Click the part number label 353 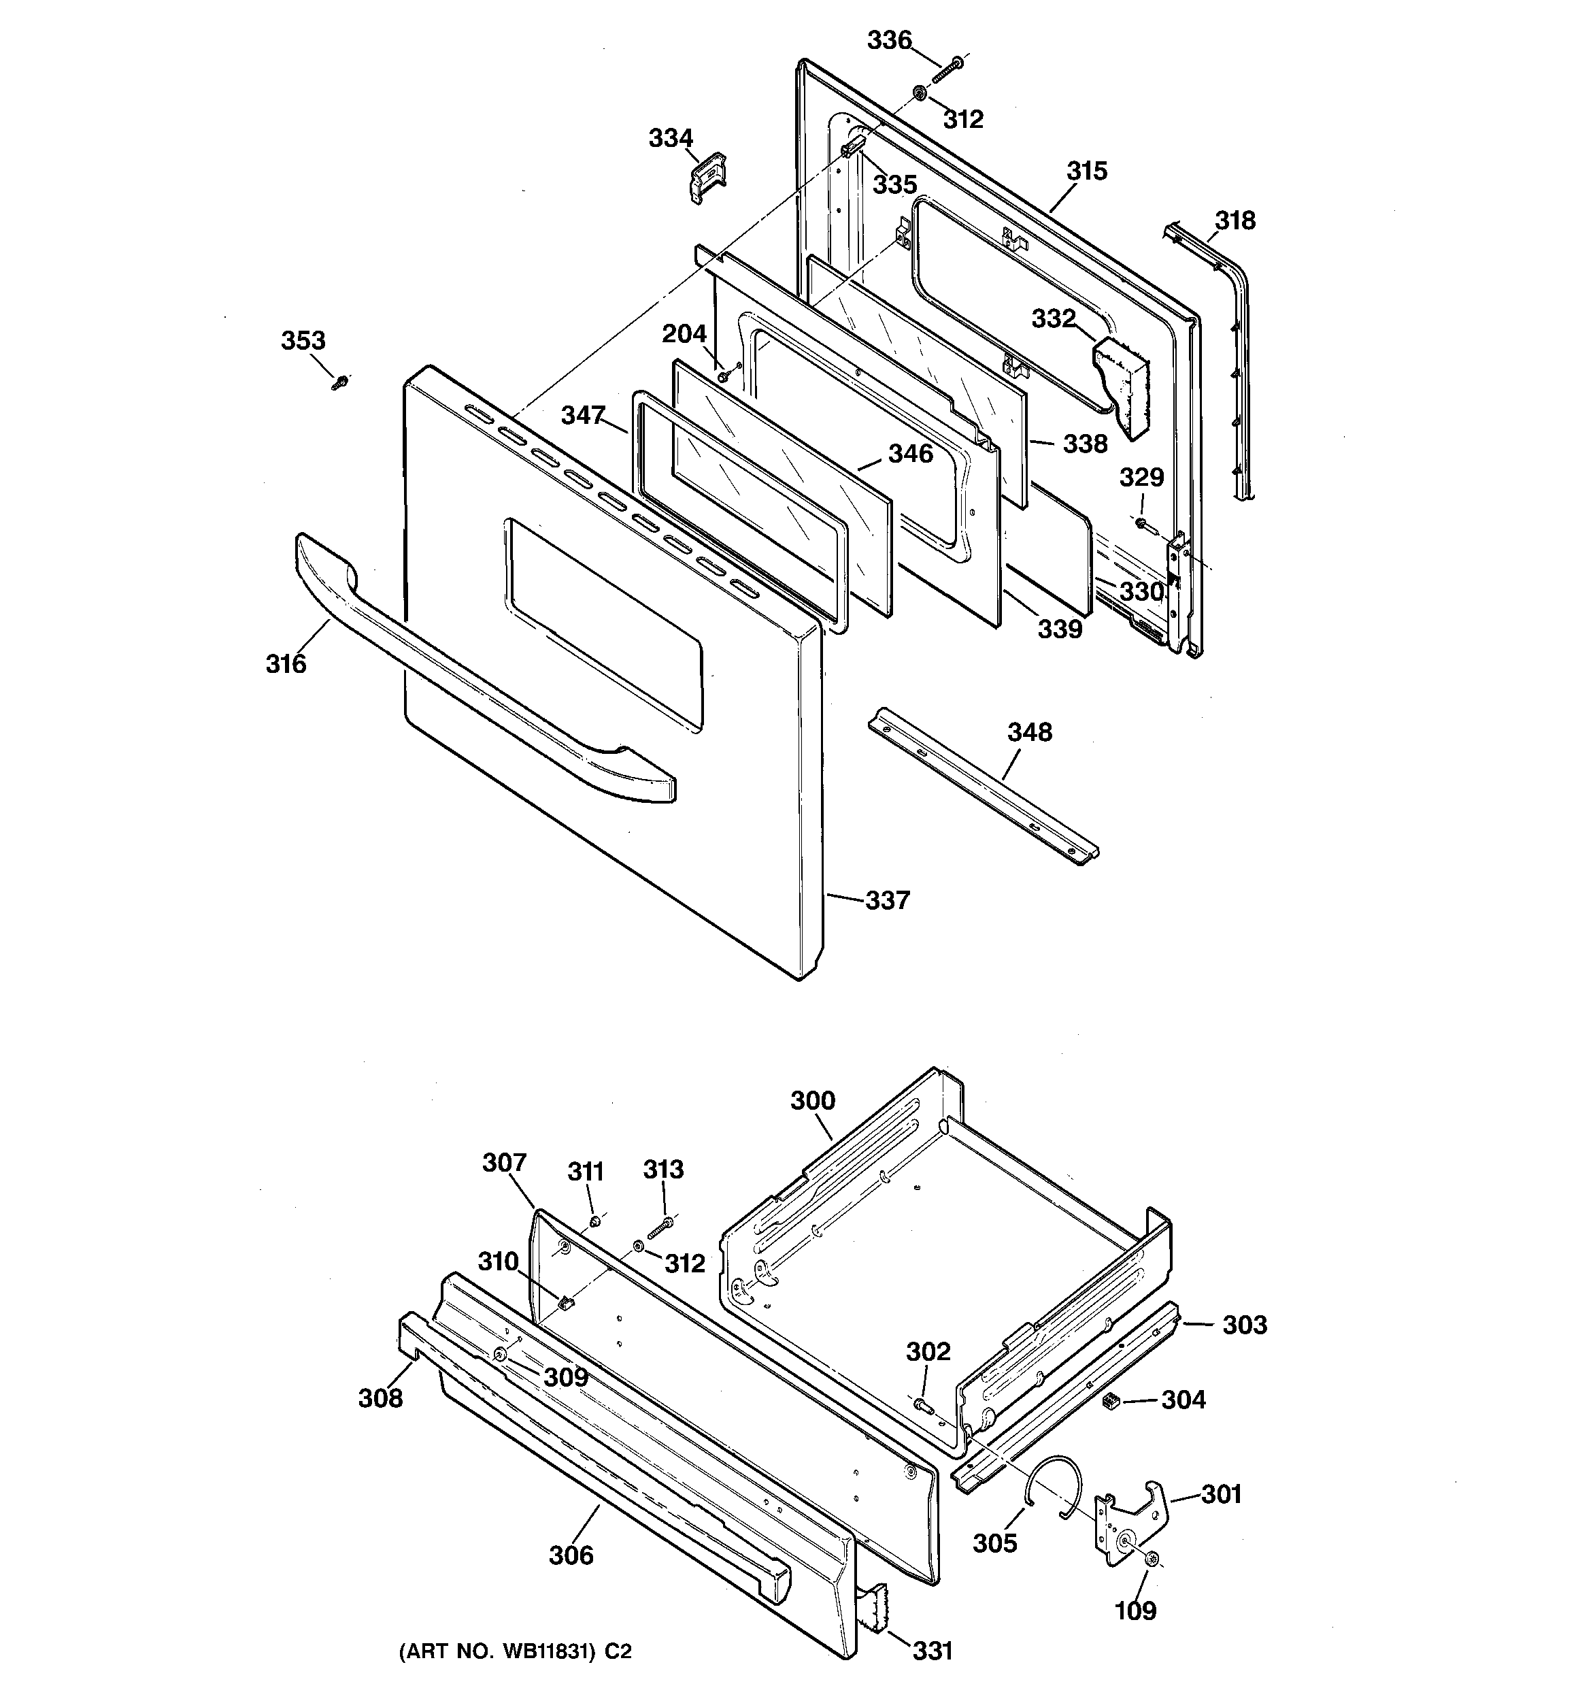point(303,340)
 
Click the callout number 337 point(887,900)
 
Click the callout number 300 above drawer point(812,1100)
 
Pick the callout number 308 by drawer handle point(380,1398)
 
